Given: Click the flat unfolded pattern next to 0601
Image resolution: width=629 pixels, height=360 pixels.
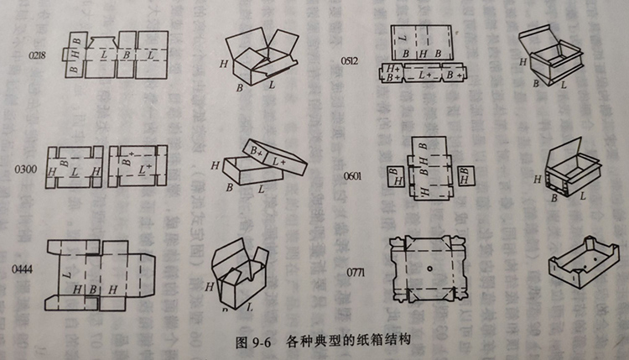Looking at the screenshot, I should coord(429,170).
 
